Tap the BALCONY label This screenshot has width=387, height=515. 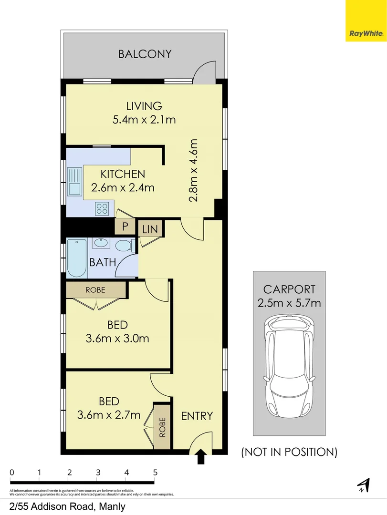pyautogui.click(x=145, y=54)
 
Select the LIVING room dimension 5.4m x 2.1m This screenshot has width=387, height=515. pyautogui.click(x=144, y=120)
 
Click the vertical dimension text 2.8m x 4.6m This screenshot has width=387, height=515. pyautogui.click(x=193, y=170)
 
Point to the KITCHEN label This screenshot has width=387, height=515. pyautogui.click(x=123, y=174)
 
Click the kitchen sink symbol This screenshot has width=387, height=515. pyautogui.click(x=74, y=182)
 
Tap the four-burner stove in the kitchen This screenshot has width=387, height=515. pyautogui.click(x=102, y=207)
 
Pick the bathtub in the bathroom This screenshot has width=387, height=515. pyautogui.click(x=76, y=258)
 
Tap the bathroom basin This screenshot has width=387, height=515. pyautogui.click(x=101, y=243)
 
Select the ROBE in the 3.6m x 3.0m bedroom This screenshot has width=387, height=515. pyautogui.click(x=95, y=289)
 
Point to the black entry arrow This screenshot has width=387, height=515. pyautogui.click(x=201, y=456)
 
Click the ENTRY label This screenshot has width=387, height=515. pyautogui.click(x=197, y=416)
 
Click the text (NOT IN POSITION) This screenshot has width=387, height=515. pyautogui.click(x=289, y=452)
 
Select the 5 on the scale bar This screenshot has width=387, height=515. pyautogui.click(x=155, y=473)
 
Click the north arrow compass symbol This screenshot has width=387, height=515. pyautogui.click(x=364, y=485)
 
